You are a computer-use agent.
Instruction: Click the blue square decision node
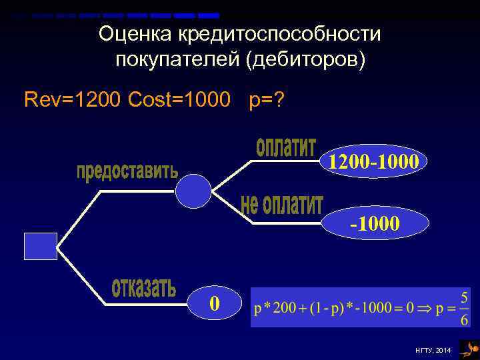point(41,246)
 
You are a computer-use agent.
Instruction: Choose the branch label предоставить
point(127,171)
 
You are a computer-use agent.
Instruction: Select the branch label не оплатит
point(281,205)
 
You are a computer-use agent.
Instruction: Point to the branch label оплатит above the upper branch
point(285,148)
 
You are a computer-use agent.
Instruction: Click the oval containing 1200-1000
point(371,161)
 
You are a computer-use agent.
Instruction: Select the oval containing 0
point(214,303)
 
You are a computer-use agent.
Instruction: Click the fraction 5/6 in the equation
point(464,307)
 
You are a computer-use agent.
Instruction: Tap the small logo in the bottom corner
point(469,348)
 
